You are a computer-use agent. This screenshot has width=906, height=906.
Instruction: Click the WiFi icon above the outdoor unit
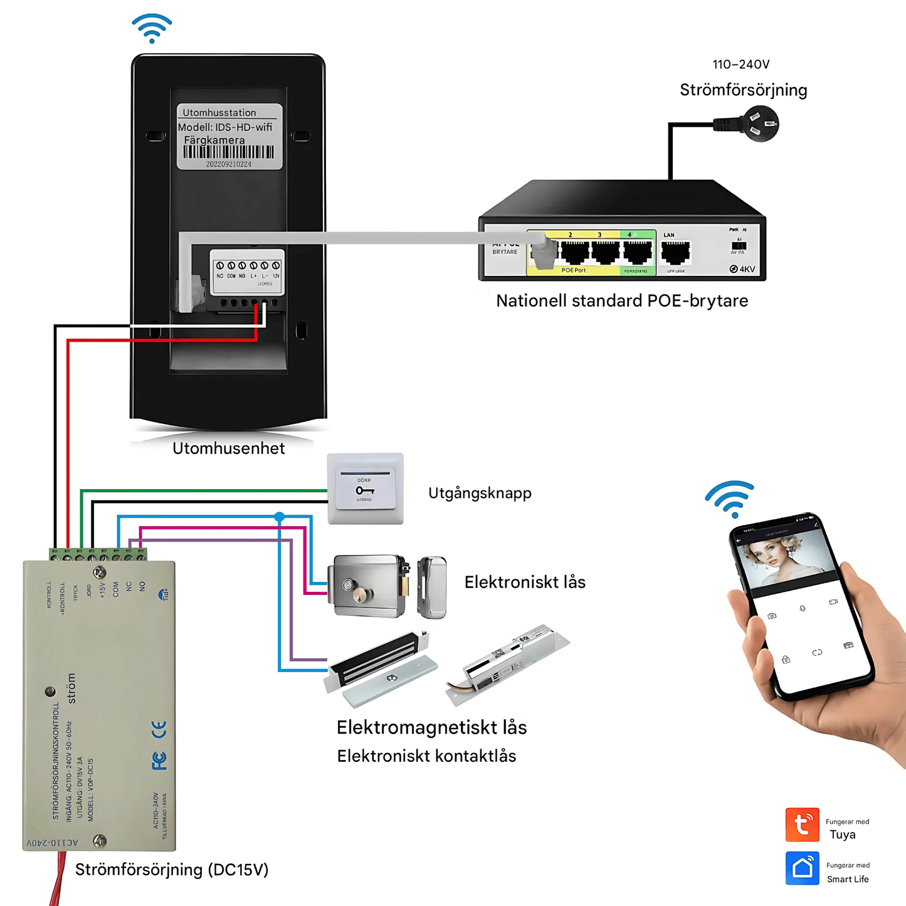152,28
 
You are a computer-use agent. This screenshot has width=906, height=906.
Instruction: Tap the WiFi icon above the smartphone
730,498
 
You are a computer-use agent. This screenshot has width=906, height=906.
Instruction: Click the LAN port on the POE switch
675,252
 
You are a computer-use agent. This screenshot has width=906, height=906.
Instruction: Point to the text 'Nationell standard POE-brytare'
622,301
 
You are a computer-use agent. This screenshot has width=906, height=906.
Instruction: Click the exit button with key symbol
365,488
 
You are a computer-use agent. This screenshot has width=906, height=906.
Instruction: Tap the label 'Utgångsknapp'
480,493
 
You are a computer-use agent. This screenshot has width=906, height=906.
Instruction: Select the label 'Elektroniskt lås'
525,582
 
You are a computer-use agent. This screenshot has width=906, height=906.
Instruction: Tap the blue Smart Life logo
802,868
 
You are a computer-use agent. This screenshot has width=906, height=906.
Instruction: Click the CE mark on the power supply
159,729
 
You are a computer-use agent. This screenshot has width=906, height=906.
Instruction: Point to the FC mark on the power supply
159,761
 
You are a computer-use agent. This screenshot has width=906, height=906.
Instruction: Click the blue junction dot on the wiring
280,517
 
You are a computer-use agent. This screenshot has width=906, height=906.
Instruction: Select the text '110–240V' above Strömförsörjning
740,65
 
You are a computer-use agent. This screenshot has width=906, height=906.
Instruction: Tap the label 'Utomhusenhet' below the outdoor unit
228,449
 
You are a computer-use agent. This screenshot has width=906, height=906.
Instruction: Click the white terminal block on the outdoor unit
247,271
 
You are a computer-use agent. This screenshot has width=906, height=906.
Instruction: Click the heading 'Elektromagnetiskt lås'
431,728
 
